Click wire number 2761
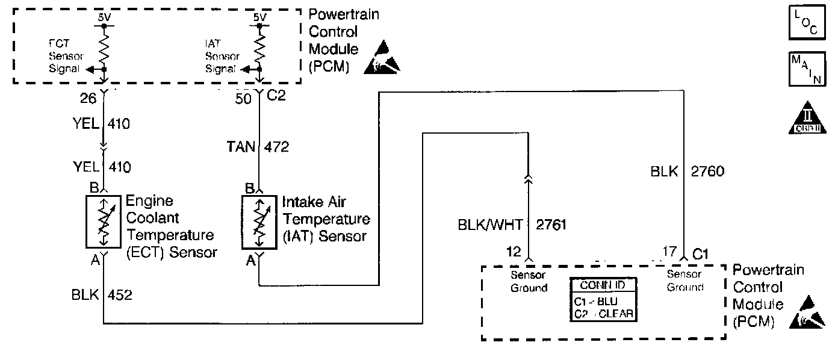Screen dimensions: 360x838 click(x=550, y=225)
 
